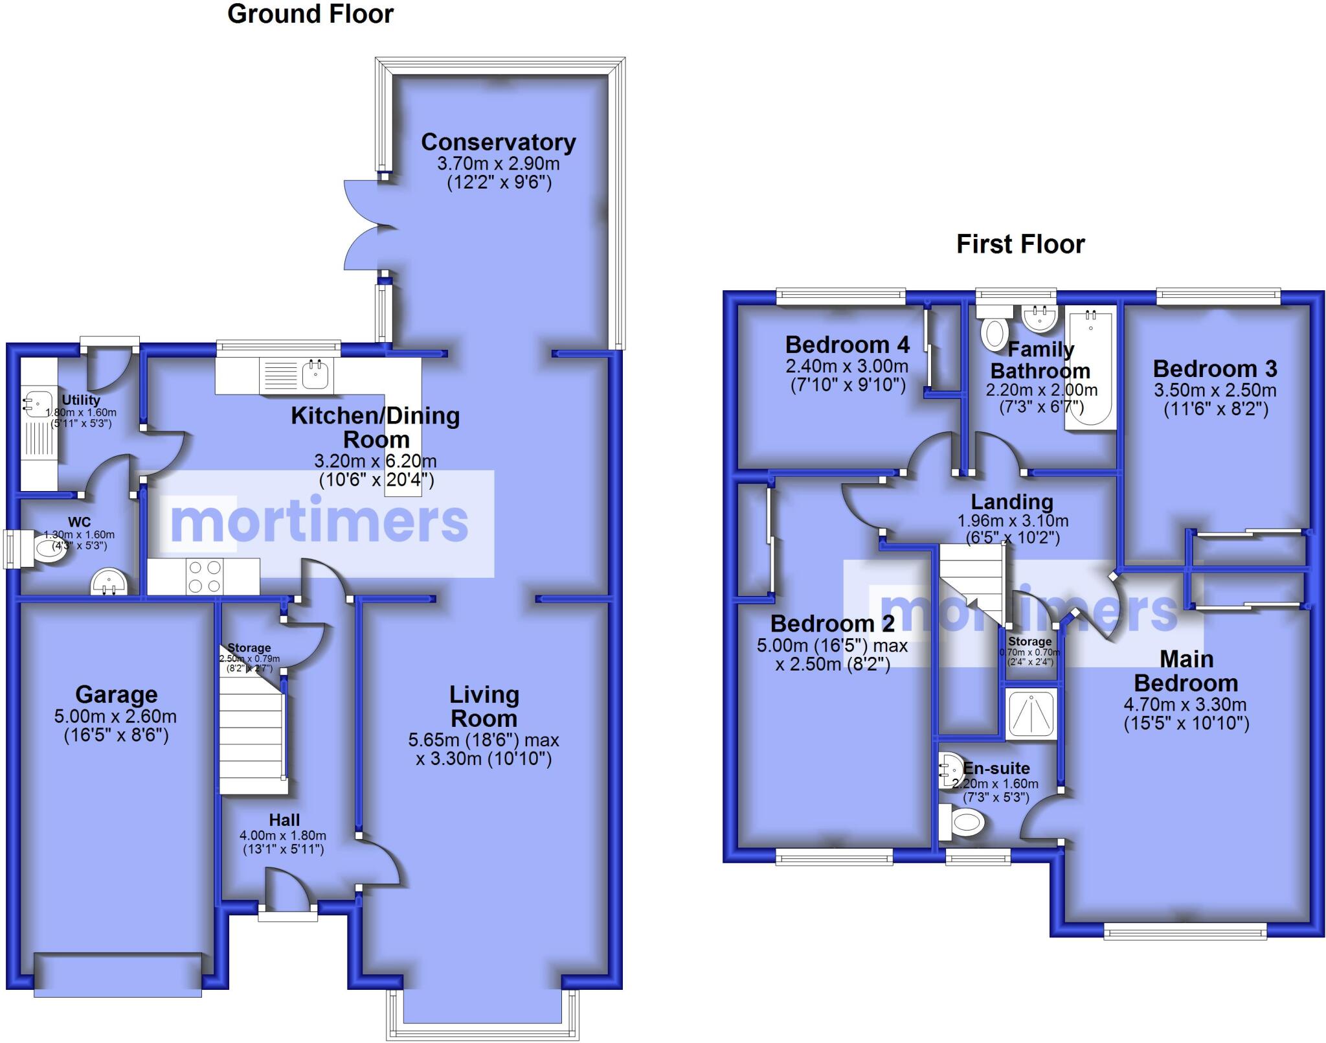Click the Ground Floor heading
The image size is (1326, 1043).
click(x=310, y=14)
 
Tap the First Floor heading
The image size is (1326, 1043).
click(x=1020, y=244)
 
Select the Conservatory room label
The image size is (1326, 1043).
click(x=498, y=142)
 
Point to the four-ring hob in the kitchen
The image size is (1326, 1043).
click(x=205, y=577)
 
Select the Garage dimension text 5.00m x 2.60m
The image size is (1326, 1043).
click(x=116, y=716)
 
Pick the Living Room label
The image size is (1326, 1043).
click(x=484, y=707)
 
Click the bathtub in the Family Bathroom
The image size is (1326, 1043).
click(x=1091, y=370)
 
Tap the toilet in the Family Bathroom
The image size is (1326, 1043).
click(x=993, y=330)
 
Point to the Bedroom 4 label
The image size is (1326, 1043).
click(x=847, y=345)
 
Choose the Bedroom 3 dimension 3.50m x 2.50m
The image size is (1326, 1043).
click(x=1215, y=391)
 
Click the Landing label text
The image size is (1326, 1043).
click(x=1012, y=501)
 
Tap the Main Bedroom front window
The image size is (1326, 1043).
click(x=1184, y=933)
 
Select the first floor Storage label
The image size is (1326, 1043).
click(x=1029, y=641)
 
